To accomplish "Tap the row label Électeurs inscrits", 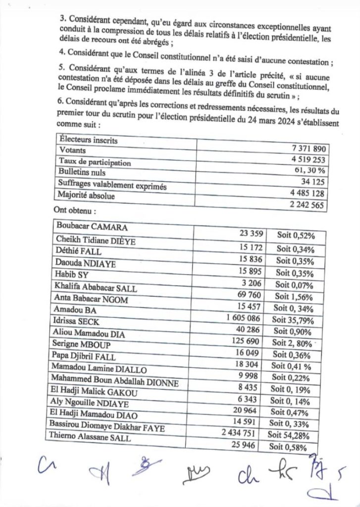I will (x=88, y=141).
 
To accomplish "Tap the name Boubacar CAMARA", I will (x=92, y=227).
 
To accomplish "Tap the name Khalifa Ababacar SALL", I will (x=96, y=289).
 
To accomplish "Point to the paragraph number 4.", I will (x=63, y=62).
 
